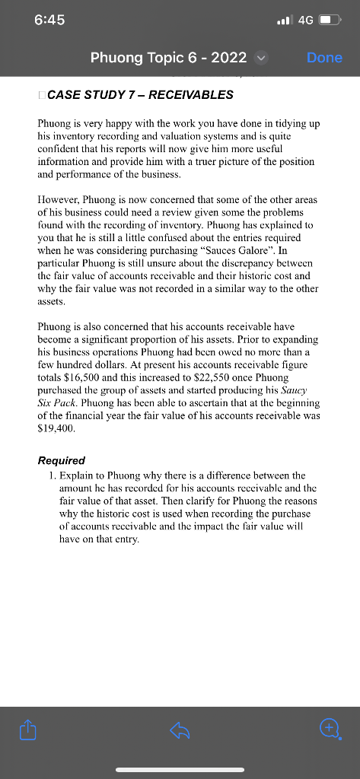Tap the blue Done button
324,58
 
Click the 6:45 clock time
49,21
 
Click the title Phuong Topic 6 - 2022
168,58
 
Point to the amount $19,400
57,428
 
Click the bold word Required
62,460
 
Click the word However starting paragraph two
60,199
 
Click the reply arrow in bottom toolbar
180,730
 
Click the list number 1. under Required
52,475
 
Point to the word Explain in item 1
77,475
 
